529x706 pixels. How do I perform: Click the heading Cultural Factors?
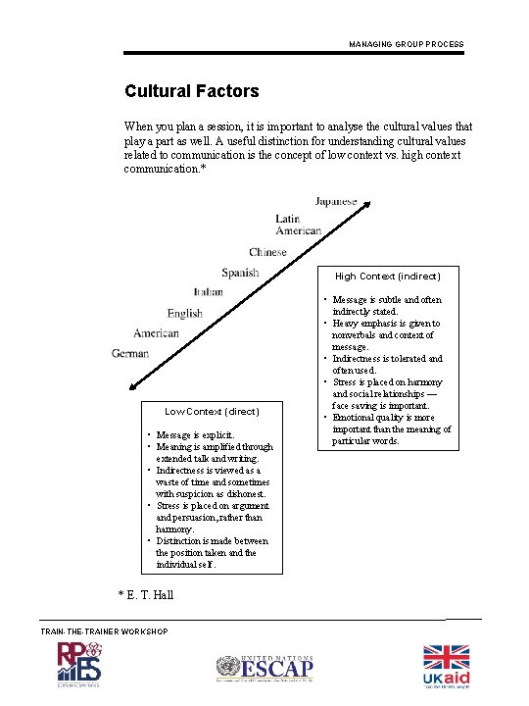pyautogui.click(x=192, y=91)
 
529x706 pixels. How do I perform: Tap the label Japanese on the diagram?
pyautogui.click(x=336, y=201)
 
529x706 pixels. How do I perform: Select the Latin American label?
pyautogui.click(x=298, y=225)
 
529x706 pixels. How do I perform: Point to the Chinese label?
pyautogui.click(x=267, y=252)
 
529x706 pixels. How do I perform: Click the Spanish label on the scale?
pyautogui.click(x=240, y=273)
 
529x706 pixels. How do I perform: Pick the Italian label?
pyautogui.click(x=208, y=291)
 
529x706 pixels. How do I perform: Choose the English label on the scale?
pyautogui.click(x=184, y=313)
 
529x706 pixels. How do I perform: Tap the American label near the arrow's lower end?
pyautogui.click(x=157, y=333)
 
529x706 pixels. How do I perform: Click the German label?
pyautogui.click(x=130, y=353)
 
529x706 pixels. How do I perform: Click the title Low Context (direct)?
pyautogui.click(x=212, y=411)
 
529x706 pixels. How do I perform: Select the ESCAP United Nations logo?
pyautogui.click(x=264, y=668)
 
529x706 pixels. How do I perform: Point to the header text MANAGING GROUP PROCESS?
pyautogui.click(x=406, y=44)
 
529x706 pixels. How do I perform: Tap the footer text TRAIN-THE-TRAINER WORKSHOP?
pyautogui.click(x=104, y=630)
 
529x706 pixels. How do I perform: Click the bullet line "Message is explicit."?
pyautogui.click(x=195, y=434)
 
